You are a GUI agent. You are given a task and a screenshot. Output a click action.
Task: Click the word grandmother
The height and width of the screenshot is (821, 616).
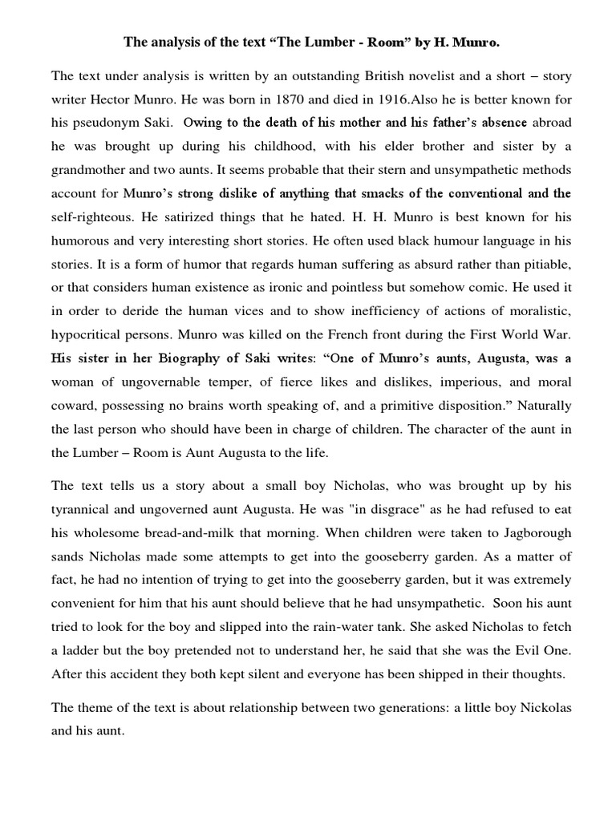point(89,170)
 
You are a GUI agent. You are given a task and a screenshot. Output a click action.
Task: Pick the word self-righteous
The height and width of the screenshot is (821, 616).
point(89,216)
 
